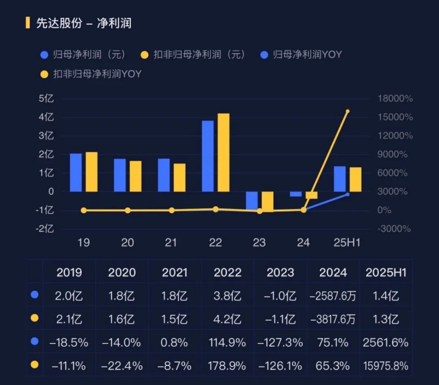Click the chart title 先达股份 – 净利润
(84, 23)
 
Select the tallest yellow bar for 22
(223, 152)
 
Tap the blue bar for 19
(76, 172)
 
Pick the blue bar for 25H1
(340, 179)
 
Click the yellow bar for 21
(179, 178)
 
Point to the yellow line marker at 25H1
(348, 111)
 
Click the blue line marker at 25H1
(348, 194)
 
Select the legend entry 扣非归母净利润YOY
(92, 74)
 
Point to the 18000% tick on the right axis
(395, 99)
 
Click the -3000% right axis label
(395, 229)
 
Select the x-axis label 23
(259, 243)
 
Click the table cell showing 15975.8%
(386, 365)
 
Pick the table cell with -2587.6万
(333, 296)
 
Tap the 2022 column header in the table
(228, 272)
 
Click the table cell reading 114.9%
(228, 342)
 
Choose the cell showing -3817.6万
(333, 319)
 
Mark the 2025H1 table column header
(386, 272)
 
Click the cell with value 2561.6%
(386, 342)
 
